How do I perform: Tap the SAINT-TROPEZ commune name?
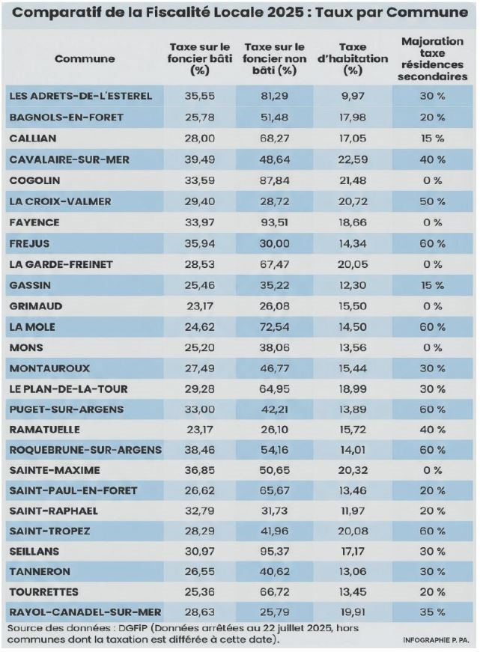[x=49, y=530]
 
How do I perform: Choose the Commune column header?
[x=85, y=58]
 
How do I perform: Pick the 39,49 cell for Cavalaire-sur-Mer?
[x=198, y=159]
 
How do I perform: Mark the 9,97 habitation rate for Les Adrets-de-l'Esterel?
[x=353, y=96]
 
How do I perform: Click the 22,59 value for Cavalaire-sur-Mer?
[x=353, y=159]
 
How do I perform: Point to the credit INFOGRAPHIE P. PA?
[x=434, y=640]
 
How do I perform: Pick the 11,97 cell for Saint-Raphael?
[x=353, y=510]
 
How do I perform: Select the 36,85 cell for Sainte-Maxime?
[x=198, y=469]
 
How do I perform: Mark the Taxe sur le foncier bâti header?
[x=198, y=58]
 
